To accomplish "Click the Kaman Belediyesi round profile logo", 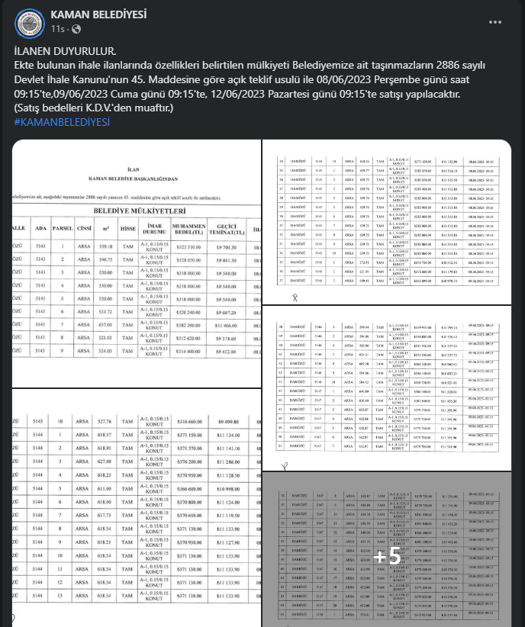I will point(29,24).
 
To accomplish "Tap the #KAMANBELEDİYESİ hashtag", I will point(61,121).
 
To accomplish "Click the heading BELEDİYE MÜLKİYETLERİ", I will point(139,210).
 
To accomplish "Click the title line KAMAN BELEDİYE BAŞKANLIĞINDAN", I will point(134,178).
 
